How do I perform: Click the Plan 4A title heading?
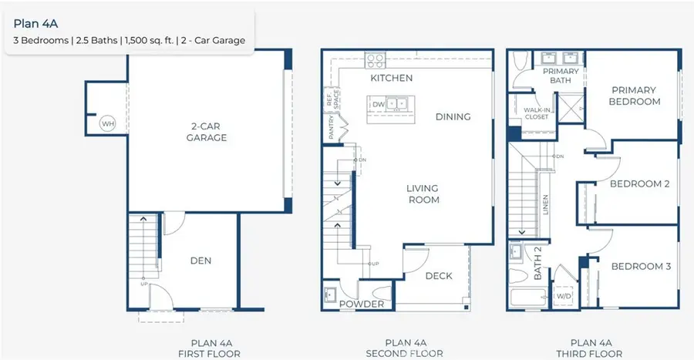[x=35, y=23]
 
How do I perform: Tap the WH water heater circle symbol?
[x=107, y=123]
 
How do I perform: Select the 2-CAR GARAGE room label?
[x=206, y=132]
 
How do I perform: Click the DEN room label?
[x=200, y=261]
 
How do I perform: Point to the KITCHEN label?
[x=391, y=78]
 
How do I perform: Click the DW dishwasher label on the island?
[x=379, y=103]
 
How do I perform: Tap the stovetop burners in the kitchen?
[x=375, y=59]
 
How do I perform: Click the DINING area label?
[x=453, y=116]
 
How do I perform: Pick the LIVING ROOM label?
[x=423, y=193]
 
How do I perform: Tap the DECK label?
[x=439, y=276]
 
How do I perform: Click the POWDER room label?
[x=362, y=304]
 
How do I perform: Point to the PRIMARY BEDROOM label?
[x=634, y=95]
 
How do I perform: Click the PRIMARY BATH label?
[x=561, y=76]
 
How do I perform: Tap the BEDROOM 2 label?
[x=639, y=183]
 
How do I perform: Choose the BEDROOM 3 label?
[x=641, y=267]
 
